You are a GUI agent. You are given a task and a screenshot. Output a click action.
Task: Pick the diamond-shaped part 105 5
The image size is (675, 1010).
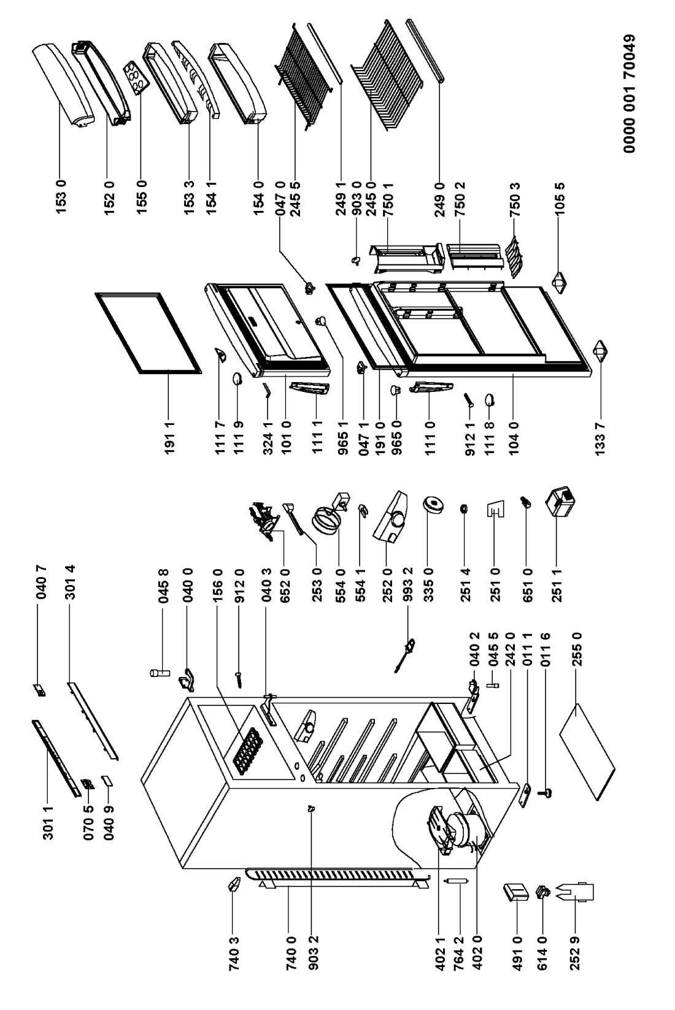[559, 283]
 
